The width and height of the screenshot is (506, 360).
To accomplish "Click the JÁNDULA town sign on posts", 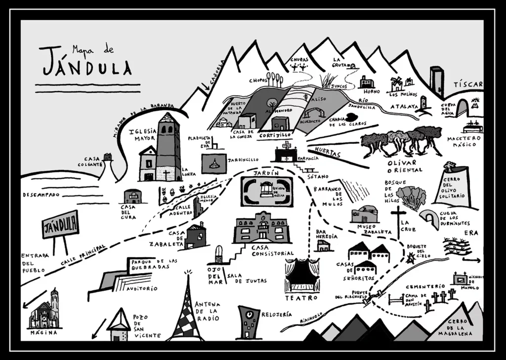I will coord(60,225).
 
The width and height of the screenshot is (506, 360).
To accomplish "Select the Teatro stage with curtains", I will coord(302,276).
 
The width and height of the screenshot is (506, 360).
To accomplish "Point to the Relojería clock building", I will coord(248,322).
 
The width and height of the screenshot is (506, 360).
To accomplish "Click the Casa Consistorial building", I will coord(260,228).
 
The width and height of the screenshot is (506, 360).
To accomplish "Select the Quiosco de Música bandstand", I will coord(267,190).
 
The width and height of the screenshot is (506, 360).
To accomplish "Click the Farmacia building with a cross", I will coord(286,153).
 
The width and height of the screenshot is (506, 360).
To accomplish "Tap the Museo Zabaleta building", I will coord(365,214).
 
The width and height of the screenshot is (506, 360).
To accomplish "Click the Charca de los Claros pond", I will coord(352,117).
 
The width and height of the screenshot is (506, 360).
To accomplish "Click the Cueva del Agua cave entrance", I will coord(463,107).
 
